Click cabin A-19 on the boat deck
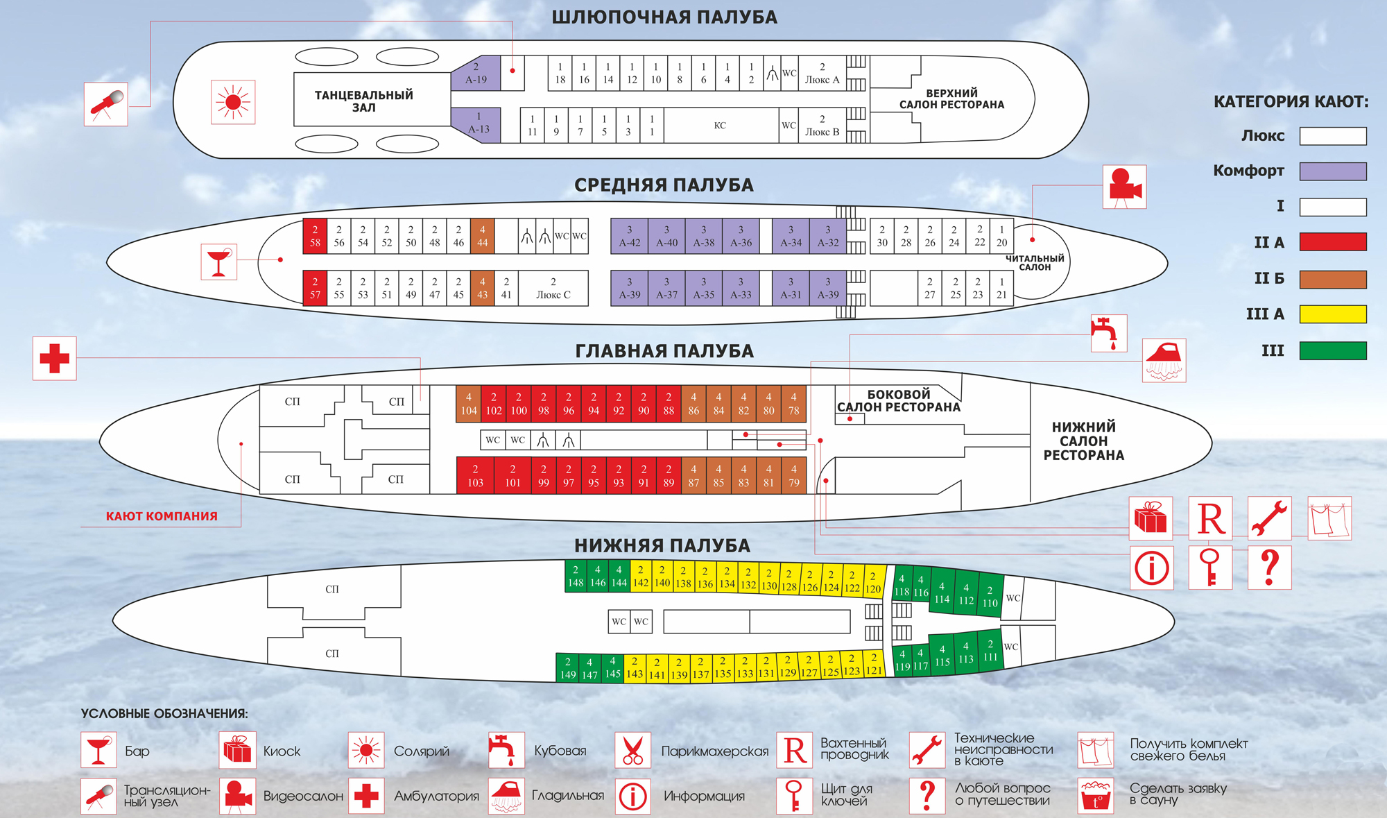[x=476, y=74]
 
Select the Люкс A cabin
[x=822, y=74]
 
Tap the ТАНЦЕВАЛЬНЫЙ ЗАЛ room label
[x=363, y=101]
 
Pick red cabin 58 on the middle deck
[x=315, y=236]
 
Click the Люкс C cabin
[x=553, y=288]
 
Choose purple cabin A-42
[x=629, y=236]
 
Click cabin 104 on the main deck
[x=469, y=404]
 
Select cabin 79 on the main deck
[x=793, y=476]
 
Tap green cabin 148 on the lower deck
[x=576, y=577]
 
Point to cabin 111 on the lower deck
[x=990, y=651]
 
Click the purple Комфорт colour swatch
[x=1332, y=171]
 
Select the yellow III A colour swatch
[x=1332, y=314]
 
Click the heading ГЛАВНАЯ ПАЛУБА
[x=664, y=352]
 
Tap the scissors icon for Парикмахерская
[x=632, y=751]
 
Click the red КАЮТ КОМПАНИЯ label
[x=162, y=516]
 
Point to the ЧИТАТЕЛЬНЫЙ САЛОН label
[x=1034, y=262]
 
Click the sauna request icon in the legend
[x=1096, y=795]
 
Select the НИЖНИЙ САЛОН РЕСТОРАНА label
[x=1083, y=441]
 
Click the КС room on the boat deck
[x=720, y=126]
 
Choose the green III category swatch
[x=1332, y=351]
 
